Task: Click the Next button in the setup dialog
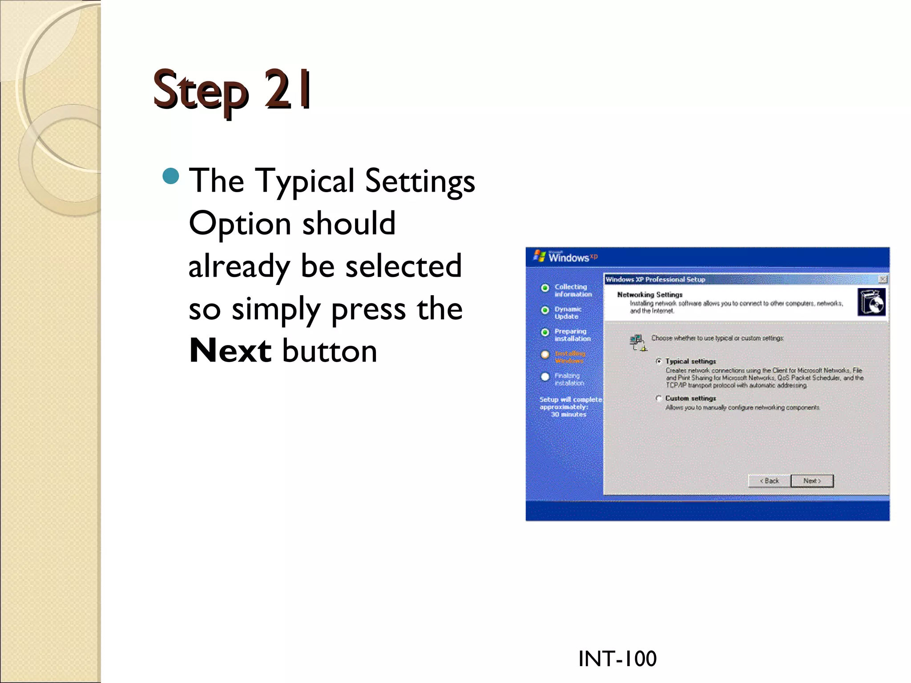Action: [x=812, y=481]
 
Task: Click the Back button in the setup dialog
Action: [x=770, y=481]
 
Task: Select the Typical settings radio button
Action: [x=659, y=361]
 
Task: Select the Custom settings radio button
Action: [x=659, y=398]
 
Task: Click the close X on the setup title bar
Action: [x=883, y=279]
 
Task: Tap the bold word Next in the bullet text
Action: [x=230, y=351]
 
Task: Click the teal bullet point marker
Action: [x=171, y=176]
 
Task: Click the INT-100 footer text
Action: [x=617, y=659]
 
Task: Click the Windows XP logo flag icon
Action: [x=540, y=256]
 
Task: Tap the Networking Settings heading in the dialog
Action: [x=649, y=294]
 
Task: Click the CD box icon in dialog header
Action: [x=871, y=302]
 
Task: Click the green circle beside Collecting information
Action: [x=545, y=288]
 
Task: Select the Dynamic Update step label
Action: [x=568, y=313]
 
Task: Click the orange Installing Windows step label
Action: [x=570, y=357]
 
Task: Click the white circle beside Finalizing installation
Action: [x=545, y=377]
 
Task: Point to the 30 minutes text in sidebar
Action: [x=568, y=414]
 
